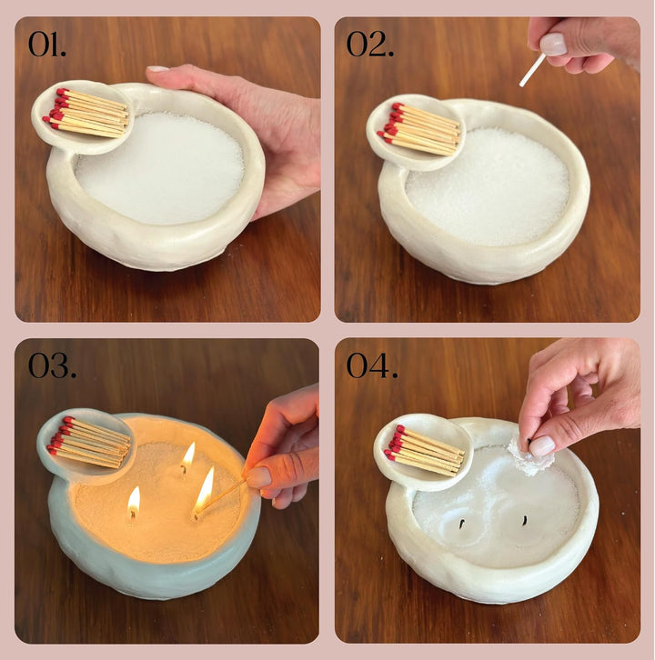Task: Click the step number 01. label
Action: pyautogui.click(x=46, y=45)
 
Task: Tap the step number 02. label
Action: pyautogui.click(x=370, y=45)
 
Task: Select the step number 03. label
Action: pyautogui.click(x=52, y=365)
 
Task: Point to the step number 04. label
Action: pyautogui.click(x=372, y=365)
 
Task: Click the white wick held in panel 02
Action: pyautogui.click(x=532, y=70)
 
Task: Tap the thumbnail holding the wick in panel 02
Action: pyautogui.click(x=553, y=45)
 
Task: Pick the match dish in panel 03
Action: pyautogui.click(x=86, y=446)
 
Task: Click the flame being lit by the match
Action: pyautogui.click(x=205, y=492)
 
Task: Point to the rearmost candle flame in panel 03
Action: pyautogui.click(x=187, y=455)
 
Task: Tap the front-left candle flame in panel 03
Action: pyautogui.click(x=134, y=501)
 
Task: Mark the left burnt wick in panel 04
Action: pyautogui.click(x=462, y=524)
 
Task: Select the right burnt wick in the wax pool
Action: pyautogui.click(x=525, y=521)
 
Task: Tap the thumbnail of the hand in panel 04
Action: pyautogui.click(x=542, y=446)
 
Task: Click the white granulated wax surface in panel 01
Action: pyautogui.click(x=160, y=169)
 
